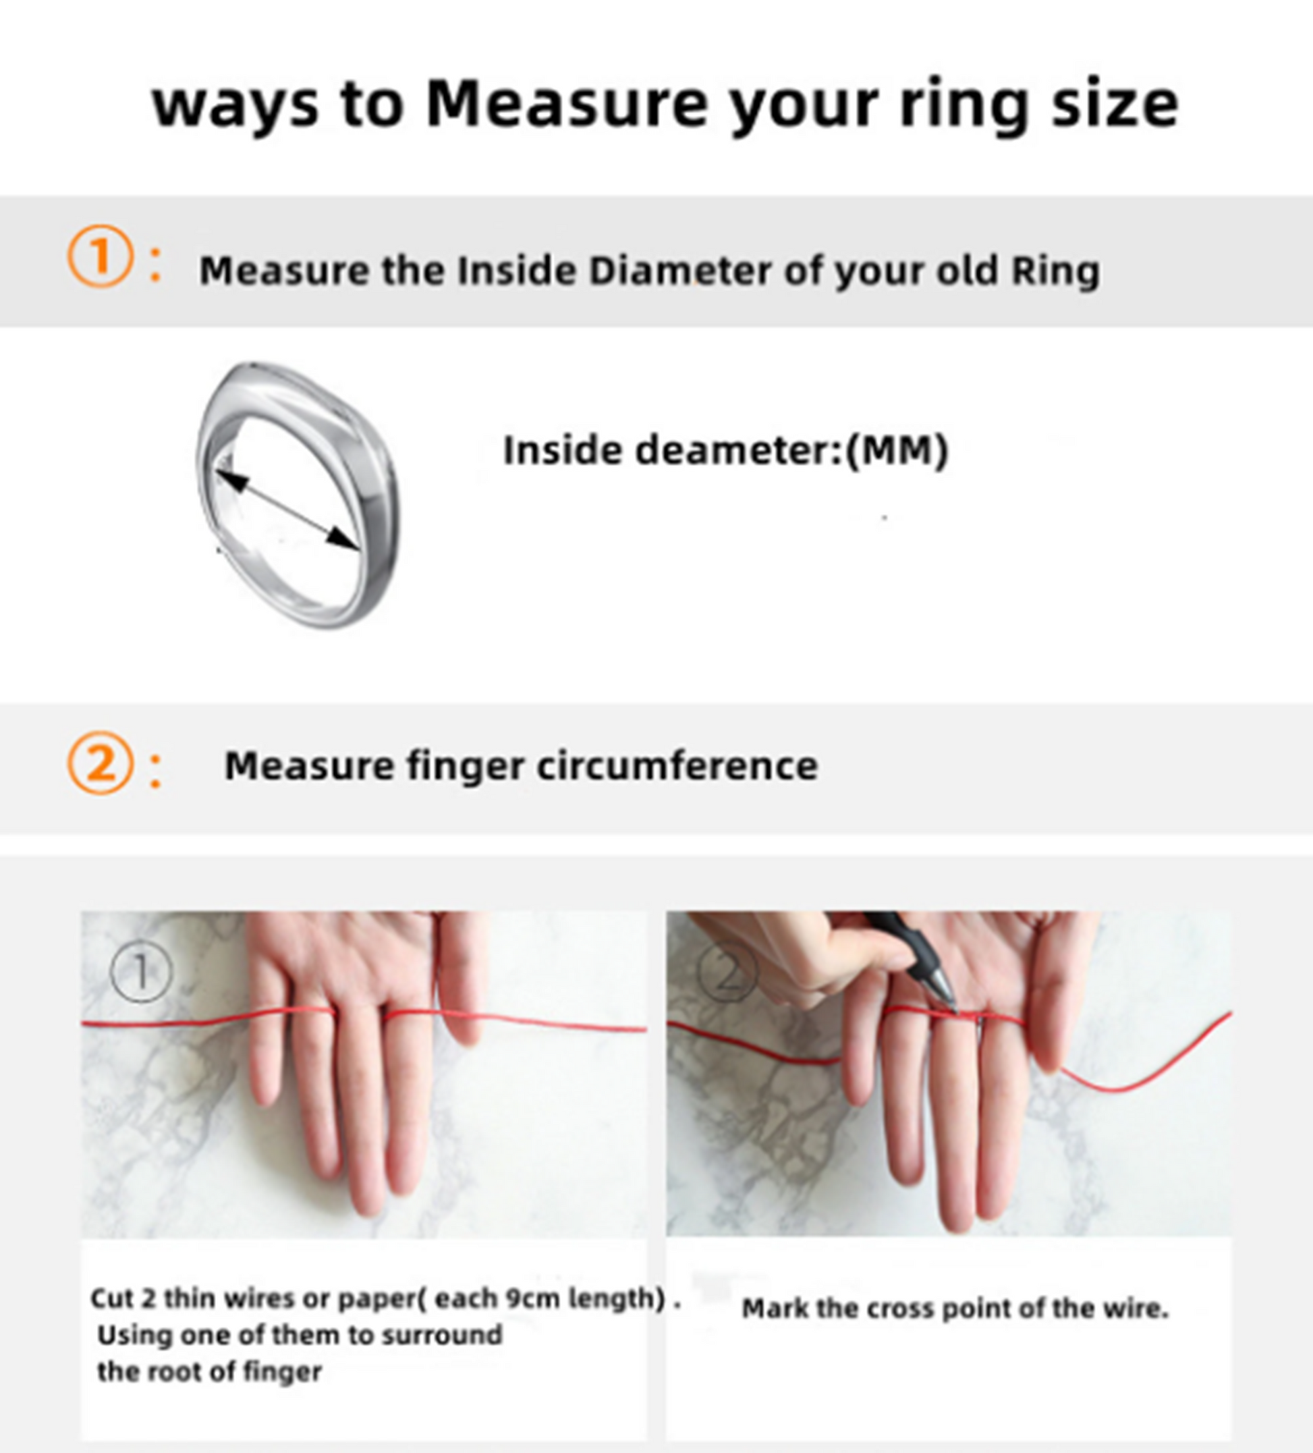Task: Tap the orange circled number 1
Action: [x=100, y=256]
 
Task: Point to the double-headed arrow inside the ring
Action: [x=287, y=510]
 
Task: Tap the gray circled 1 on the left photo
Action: [x=141, y=972]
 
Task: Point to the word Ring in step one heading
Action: [x=1055, y=273]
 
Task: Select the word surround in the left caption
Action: [x=441, y=1335]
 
